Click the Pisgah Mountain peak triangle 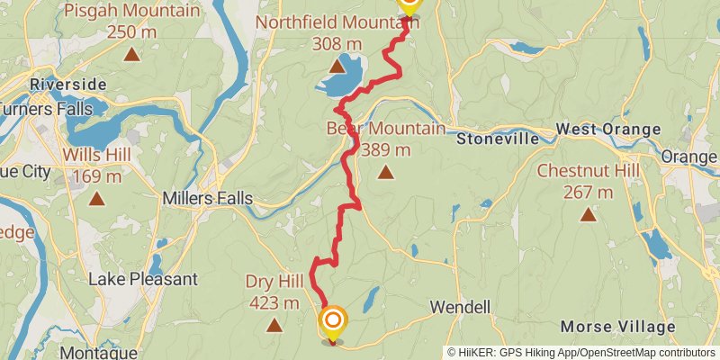(132, 55)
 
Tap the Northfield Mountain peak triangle (337, 66)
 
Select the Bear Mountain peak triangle (385, 172)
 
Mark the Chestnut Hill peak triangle (588, 214)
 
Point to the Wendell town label (460, 307)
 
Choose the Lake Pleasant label (142, 279)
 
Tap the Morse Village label (617, 325)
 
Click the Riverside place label (67, 85)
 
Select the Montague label (99, 352)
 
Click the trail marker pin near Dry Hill (333, 323)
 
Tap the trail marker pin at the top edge (408, 5)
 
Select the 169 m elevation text (96, 176)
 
